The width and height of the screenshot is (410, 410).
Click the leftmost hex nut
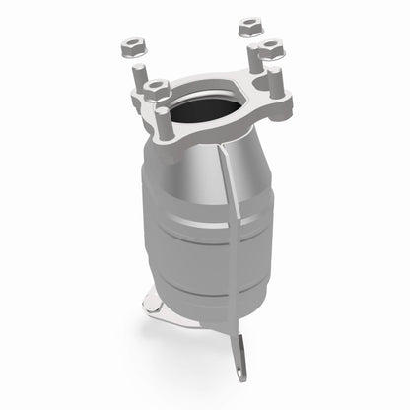pyautogui.click(x=131, y=45)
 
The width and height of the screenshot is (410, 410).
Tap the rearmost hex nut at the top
pyautogui.click(x=248, y=25)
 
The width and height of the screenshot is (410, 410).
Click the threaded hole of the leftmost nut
pyautogui.click(x=131, y=43)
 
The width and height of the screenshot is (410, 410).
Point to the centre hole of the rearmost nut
pyautogui.click(x=248, y=22)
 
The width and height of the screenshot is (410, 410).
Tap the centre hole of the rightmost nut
pyautogui.click(x=267, y=44)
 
